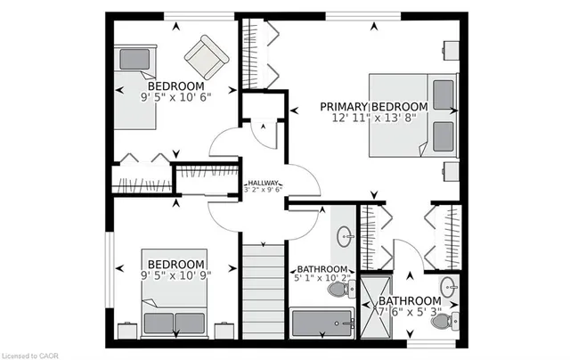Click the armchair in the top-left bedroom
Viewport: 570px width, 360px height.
tap(207, 57)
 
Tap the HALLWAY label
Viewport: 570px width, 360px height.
tap(264, 183)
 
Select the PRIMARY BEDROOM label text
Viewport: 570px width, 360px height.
tap(374, 107)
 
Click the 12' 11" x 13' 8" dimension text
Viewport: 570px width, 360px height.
tap(374, 118)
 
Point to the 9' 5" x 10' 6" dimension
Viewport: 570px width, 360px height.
tap(176, 97)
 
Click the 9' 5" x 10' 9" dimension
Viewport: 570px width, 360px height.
tap(176, 275)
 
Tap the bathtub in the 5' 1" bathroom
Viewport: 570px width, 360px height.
tap(322, 323)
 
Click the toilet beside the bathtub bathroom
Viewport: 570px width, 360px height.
tap(342, 289)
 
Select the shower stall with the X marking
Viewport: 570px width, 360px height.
tap(376, 307)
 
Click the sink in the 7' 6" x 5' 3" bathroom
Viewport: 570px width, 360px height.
tap(449, 287)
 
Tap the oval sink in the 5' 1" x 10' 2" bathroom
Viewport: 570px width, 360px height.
tap(345, 236)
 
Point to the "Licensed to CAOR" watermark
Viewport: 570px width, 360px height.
tap(30, 356)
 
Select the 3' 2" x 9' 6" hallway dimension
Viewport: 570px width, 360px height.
tap(264, 190)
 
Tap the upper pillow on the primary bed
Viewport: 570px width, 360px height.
tap(444, 95)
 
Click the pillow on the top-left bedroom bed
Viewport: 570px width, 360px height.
tap(134, 59)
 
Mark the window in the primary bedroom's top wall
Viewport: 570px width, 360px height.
tap(363, 16)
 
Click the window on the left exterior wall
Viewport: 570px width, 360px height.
tap(110, 269)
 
